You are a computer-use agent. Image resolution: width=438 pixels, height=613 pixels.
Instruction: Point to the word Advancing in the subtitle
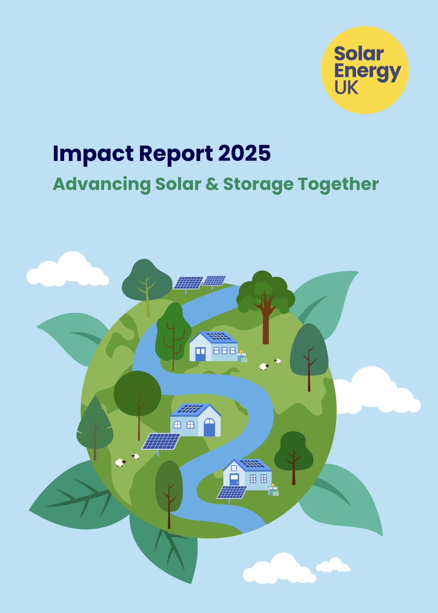102,184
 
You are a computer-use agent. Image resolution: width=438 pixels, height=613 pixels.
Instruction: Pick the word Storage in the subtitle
258,184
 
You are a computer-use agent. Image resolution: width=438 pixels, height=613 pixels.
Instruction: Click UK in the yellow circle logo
346,88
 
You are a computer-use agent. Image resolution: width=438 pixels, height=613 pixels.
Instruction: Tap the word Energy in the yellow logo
367,72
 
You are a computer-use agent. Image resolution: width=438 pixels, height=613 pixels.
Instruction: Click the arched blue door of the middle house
209,428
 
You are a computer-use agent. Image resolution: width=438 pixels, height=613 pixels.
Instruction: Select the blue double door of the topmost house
200,354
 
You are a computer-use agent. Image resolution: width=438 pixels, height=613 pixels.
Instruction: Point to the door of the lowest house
234,479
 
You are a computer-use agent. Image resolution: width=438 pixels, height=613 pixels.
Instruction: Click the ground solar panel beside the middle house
161,441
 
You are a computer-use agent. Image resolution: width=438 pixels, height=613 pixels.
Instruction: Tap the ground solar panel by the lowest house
232,492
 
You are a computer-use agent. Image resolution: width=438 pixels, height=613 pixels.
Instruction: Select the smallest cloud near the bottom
333,565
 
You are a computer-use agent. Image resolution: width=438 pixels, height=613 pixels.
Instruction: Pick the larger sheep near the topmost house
264,366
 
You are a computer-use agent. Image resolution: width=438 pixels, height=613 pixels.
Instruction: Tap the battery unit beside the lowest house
273,490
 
